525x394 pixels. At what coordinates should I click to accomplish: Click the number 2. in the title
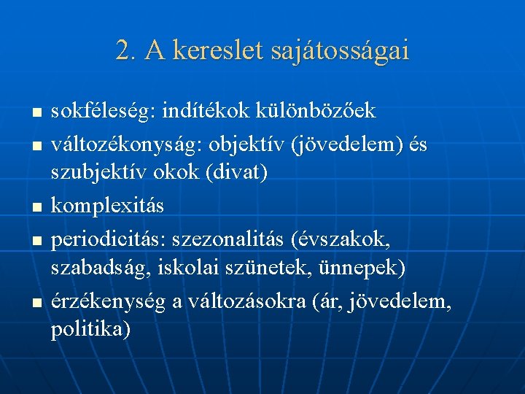pos(127,51)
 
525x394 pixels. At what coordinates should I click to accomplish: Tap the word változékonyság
pos(121,146)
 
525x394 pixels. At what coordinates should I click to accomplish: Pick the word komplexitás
pos(107,207)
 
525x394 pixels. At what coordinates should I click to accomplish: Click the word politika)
pos(91,330)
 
